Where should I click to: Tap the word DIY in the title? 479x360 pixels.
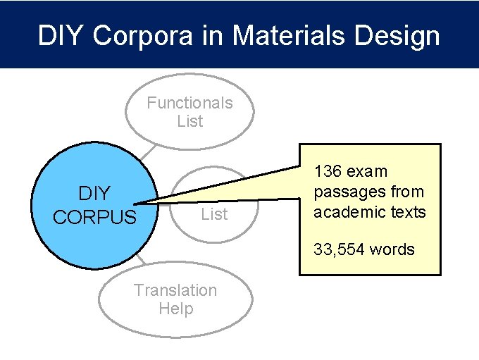pos(61,36)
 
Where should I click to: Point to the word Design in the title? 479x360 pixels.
pos(395,36)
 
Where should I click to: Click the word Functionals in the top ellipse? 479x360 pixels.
pos(189,103)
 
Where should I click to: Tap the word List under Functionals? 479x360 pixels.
pos(189,121)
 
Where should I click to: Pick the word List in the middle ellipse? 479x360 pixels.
pos(214,214)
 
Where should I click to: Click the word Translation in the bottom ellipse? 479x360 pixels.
pos(175,290)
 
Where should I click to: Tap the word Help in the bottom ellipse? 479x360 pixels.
pos(175,309)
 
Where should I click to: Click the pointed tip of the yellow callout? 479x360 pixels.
pos(151,204)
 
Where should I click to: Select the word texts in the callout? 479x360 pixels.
pos(409,212)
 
